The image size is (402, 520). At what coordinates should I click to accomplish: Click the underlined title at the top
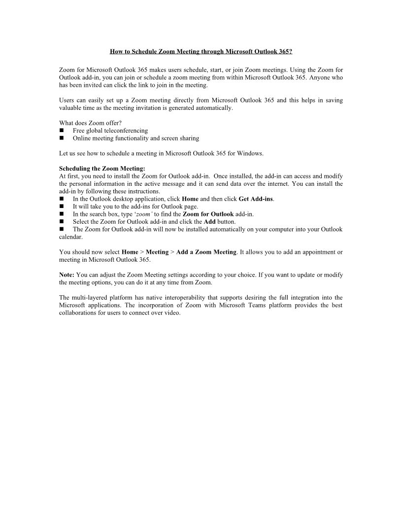pyautogui.click(x=201, y=51)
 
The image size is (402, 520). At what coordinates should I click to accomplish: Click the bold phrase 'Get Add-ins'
pyautogui.click(x=255, y=199)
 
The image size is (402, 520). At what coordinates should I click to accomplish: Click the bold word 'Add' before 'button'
pyautogui.click(x=209, y=222)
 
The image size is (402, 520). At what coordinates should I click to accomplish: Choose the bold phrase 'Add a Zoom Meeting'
pyautogui.click(x=206, y=252)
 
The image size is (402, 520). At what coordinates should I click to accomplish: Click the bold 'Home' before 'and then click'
pyautogui.click(x=190, y=199)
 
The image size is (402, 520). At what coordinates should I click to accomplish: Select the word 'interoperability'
pyautogui.click(x=186, y=298)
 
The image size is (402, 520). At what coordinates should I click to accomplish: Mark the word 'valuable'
pyautogui.click(x=70, y=108)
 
